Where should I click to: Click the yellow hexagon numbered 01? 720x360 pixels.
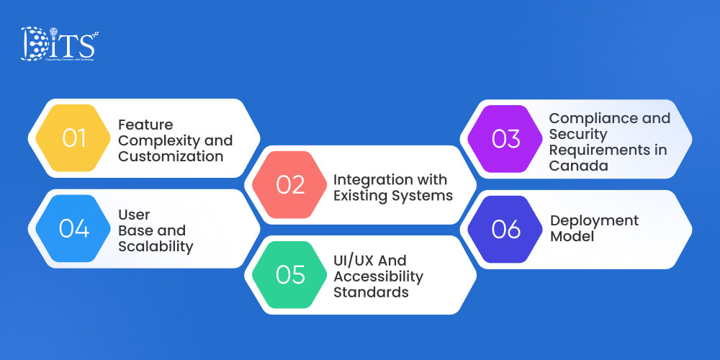coord(74,138)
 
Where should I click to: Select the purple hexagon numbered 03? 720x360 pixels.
coord(506,138)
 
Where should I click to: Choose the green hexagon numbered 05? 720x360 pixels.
coord(291,275)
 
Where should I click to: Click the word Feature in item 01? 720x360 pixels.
coord(145,124)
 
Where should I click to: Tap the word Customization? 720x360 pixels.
coord(170,156)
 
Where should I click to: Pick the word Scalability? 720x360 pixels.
coord(156,246)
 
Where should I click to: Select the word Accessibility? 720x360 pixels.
coord(378,276)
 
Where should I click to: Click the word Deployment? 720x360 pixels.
coord(594,220)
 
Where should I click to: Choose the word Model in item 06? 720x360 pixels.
coord(572,236)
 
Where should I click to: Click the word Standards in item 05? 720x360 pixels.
coord(370,292)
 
